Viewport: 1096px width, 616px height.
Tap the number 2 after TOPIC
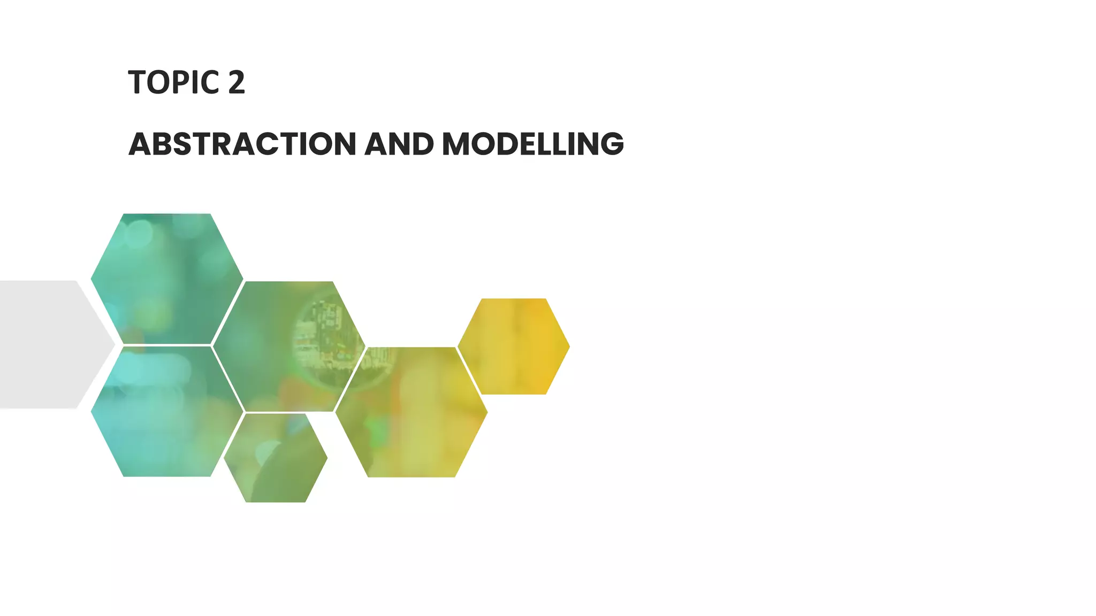pos(236,83)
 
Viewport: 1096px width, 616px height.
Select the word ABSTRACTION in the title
pos(242,144)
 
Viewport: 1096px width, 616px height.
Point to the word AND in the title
pos(399,144)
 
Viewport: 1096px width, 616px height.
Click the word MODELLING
pos(532,144)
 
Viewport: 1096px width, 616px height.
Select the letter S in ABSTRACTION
pos(185,144)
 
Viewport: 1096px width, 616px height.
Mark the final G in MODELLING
pos(611,144)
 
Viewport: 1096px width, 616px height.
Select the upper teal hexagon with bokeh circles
pos(166,278)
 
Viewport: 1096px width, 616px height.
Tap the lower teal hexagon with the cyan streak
pos(166,412)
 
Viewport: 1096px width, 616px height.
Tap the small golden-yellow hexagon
pos(514,346)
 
